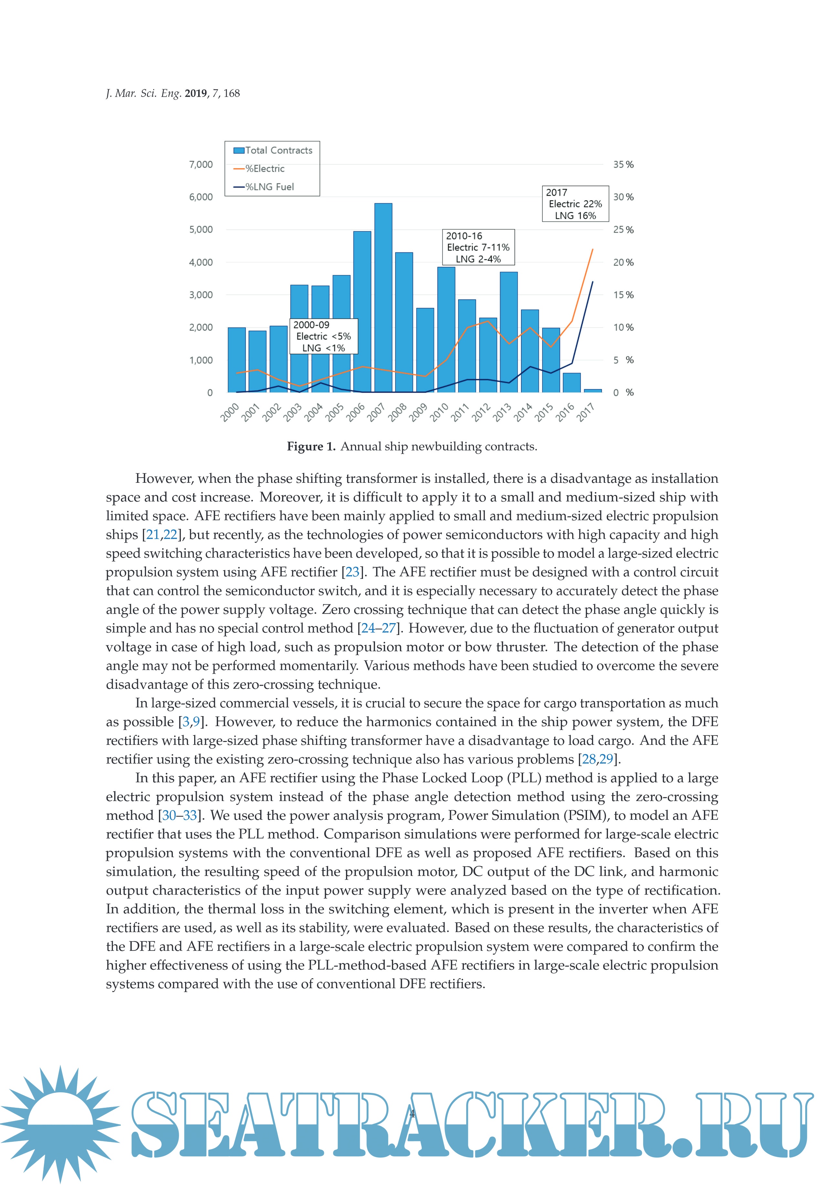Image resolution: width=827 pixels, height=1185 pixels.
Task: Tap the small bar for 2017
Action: click(592, 391)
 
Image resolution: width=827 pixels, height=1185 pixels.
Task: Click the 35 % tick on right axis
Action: click(623, 164)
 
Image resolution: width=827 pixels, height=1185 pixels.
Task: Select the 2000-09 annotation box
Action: click(323, 336)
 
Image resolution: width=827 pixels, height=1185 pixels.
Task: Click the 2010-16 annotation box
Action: click(478, 247)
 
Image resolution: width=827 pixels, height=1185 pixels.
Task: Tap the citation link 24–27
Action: click(379, 628)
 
